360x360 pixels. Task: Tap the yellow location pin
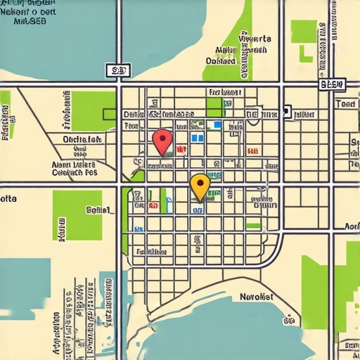200,185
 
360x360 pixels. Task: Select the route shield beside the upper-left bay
118,70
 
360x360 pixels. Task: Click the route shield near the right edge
332,84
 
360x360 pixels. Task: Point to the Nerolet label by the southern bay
257,297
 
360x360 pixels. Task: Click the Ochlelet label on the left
82,139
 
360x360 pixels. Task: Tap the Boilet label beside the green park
98,209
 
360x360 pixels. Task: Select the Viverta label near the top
255,39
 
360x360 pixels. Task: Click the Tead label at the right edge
346,103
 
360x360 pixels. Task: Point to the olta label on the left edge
8,199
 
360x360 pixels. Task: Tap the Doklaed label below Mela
220,60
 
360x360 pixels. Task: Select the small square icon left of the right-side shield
286,111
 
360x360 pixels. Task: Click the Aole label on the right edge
351,226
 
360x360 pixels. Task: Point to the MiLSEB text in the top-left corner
30,21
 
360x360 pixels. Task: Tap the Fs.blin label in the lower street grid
151,251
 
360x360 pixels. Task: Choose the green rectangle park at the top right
304,30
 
